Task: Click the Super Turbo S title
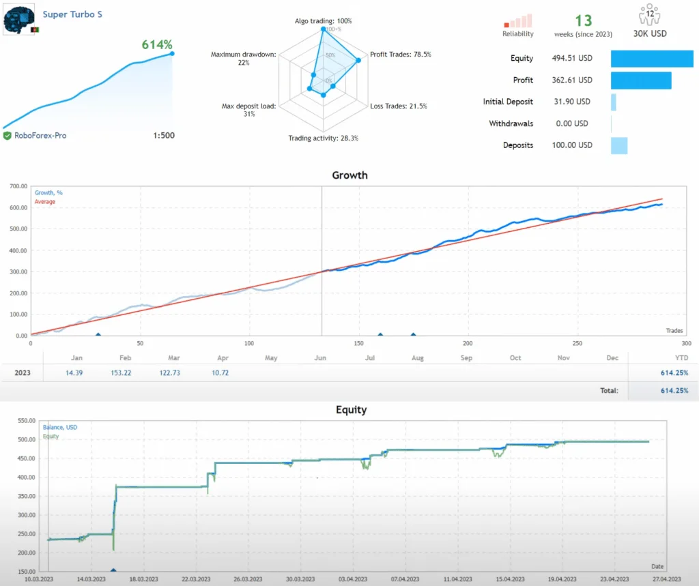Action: [x=72, y=14]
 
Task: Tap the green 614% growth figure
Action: [x=157, y=45]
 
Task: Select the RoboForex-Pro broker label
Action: [x=40, y=136]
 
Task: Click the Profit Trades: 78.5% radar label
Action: [x=400, y=55]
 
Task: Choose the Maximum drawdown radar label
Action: [x=244, y=59]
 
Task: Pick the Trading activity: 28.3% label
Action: [x=323, y=138]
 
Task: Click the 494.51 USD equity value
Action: [x=571, y=59]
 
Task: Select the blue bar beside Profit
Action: [x=641, y=80]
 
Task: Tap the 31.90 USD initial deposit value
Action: [x=571, y=102]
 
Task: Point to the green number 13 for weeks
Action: [x=584, y=21]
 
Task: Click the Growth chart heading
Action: [x=349, y=175]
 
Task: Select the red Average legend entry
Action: [x=45, y=202]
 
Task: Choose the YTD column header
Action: [x=681, y=357]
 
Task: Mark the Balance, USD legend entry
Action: [x=59, y=428]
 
